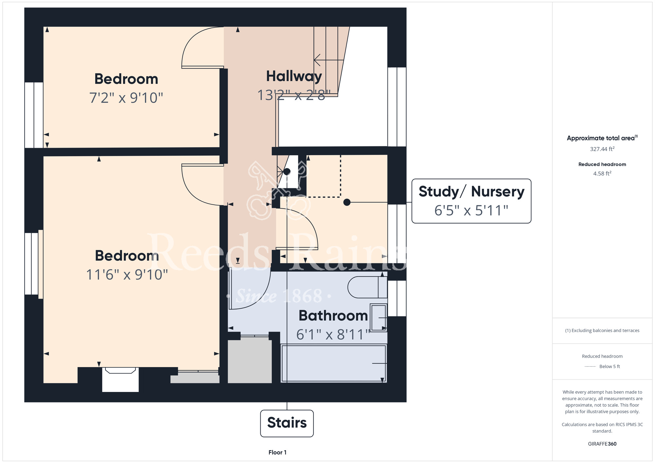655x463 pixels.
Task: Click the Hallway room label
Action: pos(294,77)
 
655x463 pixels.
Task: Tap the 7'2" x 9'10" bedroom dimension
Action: pos(126,98)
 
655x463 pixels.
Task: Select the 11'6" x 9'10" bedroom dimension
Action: pos(127,274)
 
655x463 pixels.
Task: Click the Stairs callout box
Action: pos(287,423)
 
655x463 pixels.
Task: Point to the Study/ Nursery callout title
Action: pos(471,192)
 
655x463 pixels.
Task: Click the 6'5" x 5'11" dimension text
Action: pos(471,210)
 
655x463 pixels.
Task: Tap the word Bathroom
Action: pos(333,316)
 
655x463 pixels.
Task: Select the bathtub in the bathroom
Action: pos(334,363)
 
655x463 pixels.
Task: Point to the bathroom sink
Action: pos(379,318)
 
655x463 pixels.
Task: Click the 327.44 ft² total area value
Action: pos(602,149)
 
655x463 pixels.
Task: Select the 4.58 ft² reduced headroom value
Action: pos(602,174)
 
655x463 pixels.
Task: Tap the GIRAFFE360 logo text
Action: pos(602,444)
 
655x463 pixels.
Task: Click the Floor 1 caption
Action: pos(277,453)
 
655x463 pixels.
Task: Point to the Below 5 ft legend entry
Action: pos(602,366)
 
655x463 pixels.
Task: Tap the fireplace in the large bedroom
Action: pos(120,379)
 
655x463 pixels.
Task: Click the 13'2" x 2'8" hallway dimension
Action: pos(294,95)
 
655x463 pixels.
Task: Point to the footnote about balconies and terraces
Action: pos(602,331)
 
